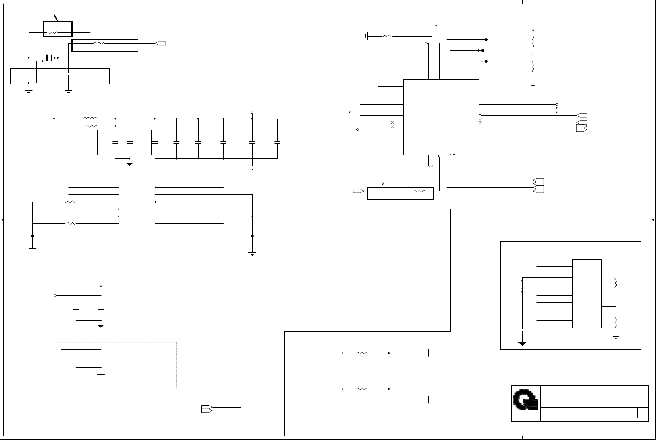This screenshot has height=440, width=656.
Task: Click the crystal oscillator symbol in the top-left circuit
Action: (49, 59)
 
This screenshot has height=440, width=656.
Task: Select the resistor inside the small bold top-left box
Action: (52, 32)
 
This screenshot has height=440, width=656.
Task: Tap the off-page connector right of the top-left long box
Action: (160, 43)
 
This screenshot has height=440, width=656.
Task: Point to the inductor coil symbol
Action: (90, 119)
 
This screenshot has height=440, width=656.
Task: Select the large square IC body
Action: (441, 117)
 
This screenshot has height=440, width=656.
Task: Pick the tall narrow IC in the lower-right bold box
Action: (587, 293)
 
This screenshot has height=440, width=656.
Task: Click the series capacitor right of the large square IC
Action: (542, 128)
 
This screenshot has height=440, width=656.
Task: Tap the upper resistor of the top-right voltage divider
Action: (533, 42)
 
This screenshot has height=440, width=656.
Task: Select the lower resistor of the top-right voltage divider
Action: (533, 67)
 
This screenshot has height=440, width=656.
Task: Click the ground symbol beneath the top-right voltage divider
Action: (533, 84)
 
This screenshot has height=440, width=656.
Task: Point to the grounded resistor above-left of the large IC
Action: (387, 36)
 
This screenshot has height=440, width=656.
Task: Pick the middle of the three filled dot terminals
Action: (482, 51)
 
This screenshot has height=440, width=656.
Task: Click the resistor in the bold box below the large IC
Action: (420, 191)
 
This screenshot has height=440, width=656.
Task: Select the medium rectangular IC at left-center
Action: (137, 205)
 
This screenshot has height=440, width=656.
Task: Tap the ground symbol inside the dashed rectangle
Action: (101, 376)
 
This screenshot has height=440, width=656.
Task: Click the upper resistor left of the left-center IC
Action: (71, 202)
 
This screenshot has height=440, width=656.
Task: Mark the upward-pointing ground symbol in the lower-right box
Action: (616, 262)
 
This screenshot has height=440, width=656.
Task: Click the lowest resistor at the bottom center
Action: (362, 389)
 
